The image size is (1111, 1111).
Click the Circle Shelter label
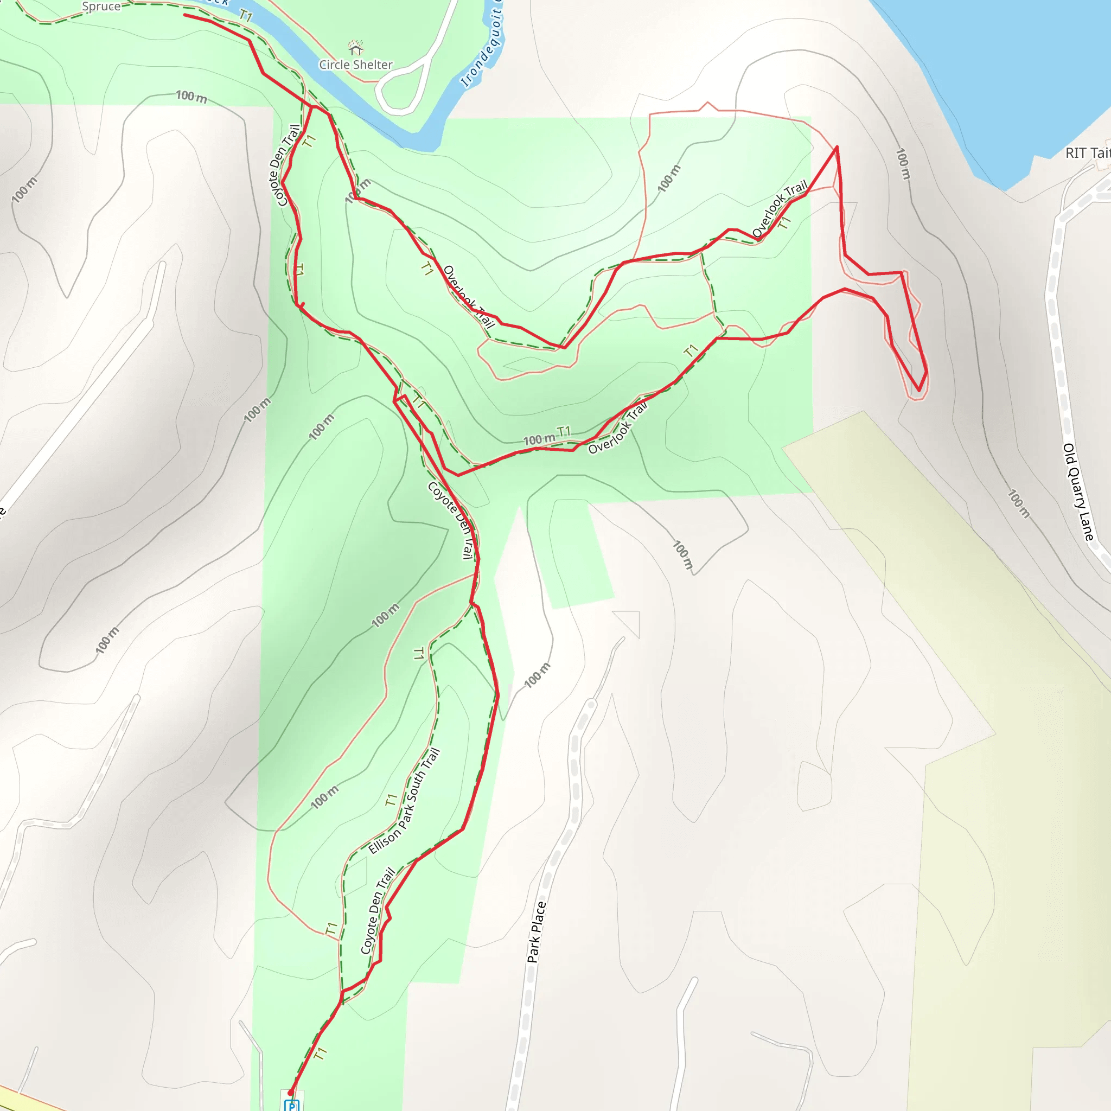pos(355,65)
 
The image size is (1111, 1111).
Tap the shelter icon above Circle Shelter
pos(355,47)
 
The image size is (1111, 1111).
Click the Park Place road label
pos(536,932)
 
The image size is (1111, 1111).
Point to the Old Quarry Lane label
pos(1078,491)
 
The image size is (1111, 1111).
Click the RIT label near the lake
pos(1087,153)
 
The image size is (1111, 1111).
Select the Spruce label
pos(101,7)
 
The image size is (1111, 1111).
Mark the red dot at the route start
pos(290,1093)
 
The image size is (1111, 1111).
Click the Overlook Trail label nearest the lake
pos(779,209)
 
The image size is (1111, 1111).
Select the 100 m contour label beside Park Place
pos(537,675)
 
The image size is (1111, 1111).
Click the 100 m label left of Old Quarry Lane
pos(1018,503)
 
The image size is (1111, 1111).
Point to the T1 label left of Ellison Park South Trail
pos(391,800)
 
